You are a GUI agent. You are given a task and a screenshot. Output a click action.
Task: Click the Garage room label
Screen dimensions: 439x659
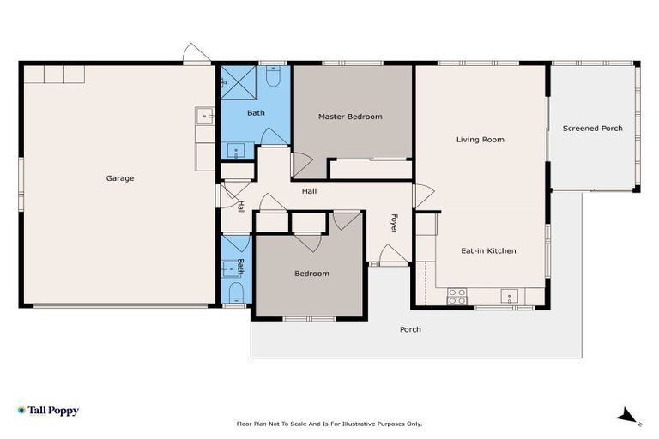(x=119, y=178)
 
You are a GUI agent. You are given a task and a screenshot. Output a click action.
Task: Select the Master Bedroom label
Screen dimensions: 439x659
(x=350, y=117)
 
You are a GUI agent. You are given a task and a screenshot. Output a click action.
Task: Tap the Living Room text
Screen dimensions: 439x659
(x=480, y=139)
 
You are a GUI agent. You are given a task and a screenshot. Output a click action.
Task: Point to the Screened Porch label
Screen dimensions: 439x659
(x=592, y=129)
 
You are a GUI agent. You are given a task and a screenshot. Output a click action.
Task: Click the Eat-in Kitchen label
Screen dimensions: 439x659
(x=488, y=250)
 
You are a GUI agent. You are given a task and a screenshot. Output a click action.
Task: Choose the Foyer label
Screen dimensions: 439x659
(x=394, y=223)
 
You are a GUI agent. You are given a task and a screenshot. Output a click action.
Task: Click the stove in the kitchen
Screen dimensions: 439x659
(x=456, y=297)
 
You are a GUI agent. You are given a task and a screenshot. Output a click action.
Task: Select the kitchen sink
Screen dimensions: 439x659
(x=510, y=297)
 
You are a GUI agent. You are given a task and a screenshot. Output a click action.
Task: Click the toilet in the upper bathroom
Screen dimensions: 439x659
(x=273, y=78)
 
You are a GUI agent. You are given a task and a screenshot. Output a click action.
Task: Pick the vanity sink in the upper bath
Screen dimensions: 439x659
(x=235, y=151)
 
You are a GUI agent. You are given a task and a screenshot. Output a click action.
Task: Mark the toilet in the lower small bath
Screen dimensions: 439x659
(x=235, y=294)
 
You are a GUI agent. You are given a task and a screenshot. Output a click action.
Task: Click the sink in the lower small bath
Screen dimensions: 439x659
(x=231, y=269)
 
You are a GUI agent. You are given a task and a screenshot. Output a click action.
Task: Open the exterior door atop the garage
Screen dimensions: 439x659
(x=196, y=55)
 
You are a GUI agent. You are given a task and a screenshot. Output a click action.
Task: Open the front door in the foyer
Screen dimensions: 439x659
(x=392, y=256)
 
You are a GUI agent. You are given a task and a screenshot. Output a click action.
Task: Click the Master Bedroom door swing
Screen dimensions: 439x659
(x=301, y=163)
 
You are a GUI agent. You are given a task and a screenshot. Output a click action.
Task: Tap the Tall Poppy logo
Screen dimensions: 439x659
(x=48, y=411)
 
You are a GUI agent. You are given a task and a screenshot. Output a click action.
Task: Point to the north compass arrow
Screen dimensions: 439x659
(x=628, y=416)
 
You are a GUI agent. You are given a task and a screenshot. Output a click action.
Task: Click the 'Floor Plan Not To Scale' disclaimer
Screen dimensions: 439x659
(x=329, y=424)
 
